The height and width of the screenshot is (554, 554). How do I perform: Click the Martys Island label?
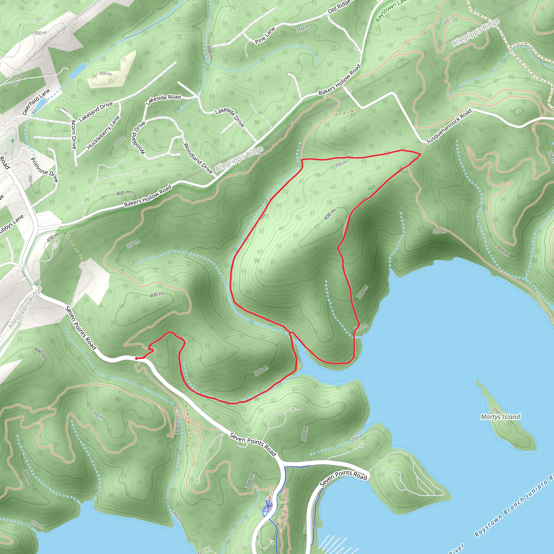(500, 417)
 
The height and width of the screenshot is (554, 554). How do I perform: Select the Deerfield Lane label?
(36, 102)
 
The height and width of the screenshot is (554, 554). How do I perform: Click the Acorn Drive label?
(74, 134)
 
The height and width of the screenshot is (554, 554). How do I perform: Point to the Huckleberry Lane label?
(103, 133)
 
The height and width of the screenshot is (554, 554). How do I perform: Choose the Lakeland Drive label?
(96, 112)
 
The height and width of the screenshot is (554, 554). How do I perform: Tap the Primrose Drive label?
(44, 170)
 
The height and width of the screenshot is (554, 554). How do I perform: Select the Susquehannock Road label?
(449, 126)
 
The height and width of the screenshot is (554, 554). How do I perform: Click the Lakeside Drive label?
(230, 117)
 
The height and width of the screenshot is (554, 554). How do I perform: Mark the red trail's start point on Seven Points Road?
(136, 358)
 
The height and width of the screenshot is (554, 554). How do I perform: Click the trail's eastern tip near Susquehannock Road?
(420, 154)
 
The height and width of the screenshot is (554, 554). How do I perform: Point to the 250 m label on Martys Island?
(496, 411)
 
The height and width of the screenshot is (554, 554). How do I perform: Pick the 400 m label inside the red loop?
(330, 214)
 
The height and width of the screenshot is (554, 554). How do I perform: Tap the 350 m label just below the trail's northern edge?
(341, 164)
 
